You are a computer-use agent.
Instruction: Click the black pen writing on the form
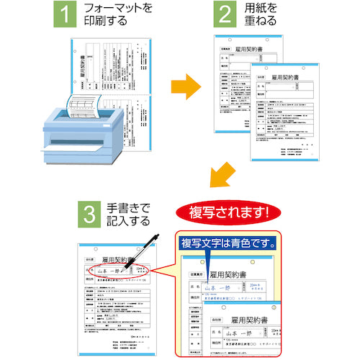click(x=148, y=253)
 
